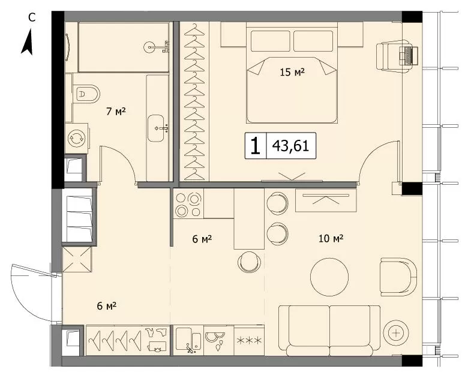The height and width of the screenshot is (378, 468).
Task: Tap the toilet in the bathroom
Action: tap(86, 94)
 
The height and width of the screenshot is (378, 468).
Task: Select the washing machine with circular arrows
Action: tap(76, 138)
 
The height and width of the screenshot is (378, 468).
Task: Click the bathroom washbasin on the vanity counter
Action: tap(156, 128)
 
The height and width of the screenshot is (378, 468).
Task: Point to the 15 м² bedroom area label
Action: tap(292, 72)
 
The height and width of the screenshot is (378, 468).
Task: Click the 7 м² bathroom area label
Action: tap(116, 112)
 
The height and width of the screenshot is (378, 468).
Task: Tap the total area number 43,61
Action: tap(290, 146)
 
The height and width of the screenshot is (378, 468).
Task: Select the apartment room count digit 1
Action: tap(255, 146)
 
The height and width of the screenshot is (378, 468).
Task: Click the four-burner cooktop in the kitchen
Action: tap(188, 205)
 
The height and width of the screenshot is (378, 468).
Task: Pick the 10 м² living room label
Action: tap(331, 238)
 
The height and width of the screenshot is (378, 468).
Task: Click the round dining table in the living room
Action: tap(329, 277)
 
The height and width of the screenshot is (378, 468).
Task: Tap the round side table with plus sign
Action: tap(396, 332)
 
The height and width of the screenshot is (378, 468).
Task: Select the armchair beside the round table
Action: tap(398, 277)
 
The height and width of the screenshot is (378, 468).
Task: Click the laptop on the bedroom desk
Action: tap(409, 55)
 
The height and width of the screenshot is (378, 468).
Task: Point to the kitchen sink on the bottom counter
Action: tap(188, 340)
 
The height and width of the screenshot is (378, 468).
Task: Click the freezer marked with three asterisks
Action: tap(249, 340)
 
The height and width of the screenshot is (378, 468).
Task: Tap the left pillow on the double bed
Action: tap(271, 41)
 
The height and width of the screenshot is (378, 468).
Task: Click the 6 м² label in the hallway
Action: tap(107, 306)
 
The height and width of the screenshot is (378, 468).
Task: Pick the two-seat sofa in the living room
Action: tap(329, 331)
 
